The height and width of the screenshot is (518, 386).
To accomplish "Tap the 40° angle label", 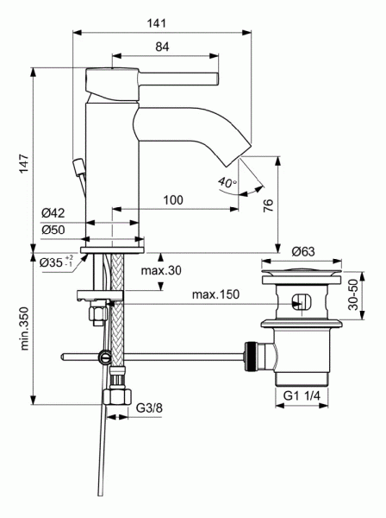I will click(226, 183).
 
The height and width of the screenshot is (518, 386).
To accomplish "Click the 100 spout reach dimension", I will click(196, 200).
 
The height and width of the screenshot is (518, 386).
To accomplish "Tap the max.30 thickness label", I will click(163, 271).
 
